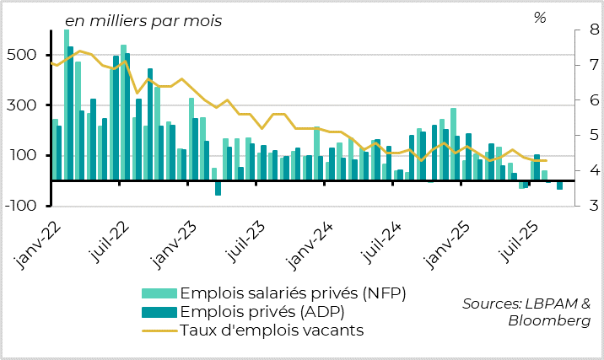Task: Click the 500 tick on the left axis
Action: click(x=24, y=56)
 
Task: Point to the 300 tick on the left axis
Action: click(x=24, y=105)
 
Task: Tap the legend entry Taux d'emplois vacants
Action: click(x=272, y=330)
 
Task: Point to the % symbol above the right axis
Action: click(x=540, y=18)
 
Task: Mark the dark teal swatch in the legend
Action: click(x=160, y=312)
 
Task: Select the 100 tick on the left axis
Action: click(x=24, y=156)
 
